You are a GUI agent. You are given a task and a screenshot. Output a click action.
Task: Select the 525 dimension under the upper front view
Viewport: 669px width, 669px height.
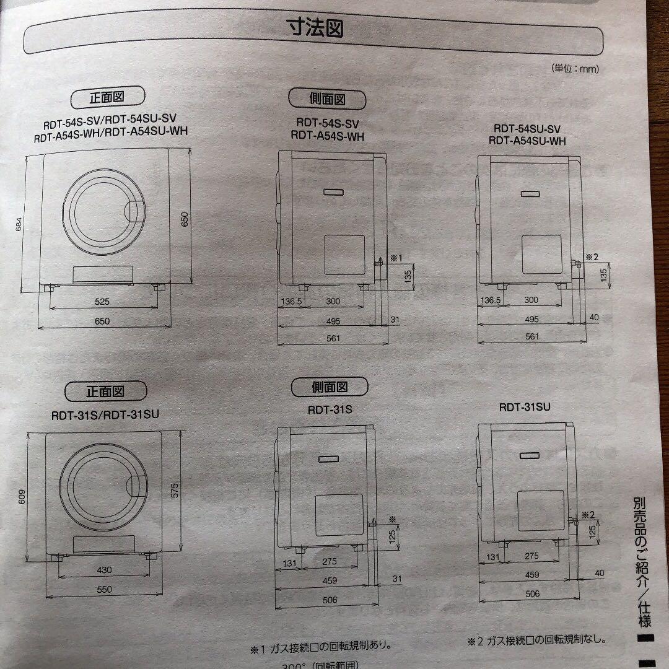[102, 302]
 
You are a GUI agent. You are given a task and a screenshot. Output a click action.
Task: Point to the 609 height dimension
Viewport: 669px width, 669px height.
[22, 499]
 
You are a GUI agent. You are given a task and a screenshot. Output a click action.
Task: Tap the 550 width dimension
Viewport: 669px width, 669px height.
[104, 590]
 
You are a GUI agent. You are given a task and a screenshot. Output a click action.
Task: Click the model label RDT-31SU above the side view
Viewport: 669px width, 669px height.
[525, 407]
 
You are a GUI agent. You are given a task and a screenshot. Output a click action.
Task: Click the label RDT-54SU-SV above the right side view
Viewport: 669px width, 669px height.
[527, 129]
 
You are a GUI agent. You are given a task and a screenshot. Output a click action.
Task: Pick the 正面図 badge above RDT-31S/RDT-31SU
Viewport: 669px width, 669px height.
[105, 391]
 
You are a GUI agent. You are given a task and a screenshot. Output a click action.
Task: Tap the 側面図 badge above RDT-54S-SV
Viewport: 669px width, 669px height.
[327, 98]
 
